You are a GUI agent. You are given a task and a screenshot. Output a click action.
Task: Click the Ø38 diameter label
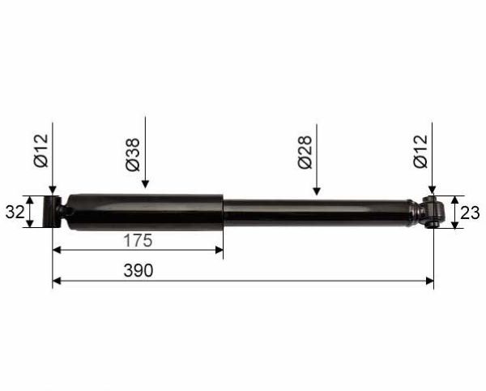click(x=134, y=155)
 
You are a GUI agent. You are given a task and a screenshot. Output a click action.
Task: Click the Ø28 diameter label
click(x=305, y=153)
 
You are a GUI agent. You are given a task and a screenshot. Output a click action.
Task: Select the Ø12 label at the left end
click(x=41, y=151)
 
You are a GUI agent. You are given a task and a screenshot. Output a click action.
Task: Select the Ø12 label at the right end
click(x=420, y=152)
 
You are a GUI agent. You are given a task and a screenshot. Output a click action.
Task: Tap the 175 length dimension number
click(x=139, y=240)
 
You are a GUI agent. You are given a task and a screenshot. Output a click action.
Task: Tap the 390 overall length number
click(x=139, y=270)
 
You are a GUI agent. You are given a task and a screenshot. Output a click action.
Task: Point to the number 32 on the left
click(x=15, y=213)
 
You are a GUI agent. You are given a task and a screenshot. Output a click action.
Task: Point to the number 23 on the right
click(x=470, y=213)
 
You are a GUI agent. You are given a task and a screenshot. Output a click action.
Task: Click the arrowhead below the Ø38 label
click(x=145, y=184)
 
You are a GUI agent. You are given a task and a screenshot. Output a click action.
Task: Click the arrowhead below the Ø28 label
click(x=317, y=191)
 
